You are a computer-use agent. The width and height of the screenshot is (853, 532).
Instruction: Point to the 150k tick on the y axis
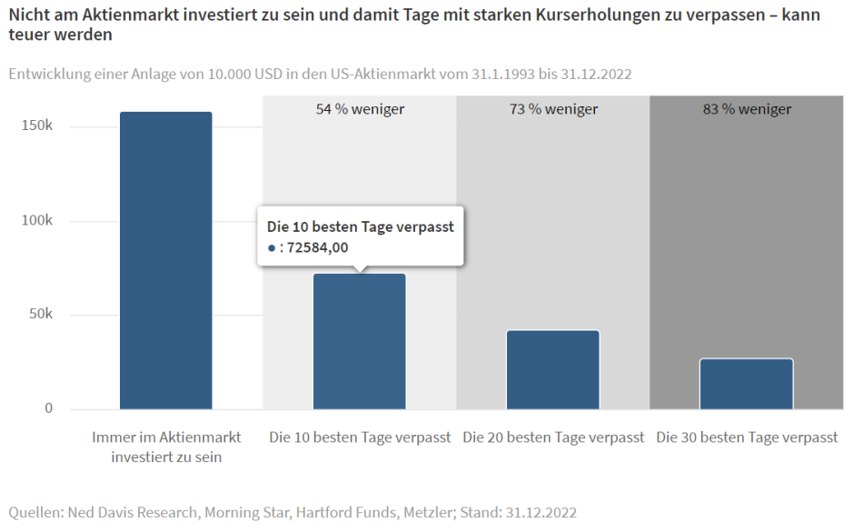click(x=36, y=125)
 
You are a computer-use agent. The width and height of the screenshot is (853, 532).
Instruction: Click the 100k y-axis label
click(x=36, y=221)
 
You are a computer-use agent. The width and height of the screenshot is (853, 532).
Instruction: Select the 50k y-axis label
click(x=40, y=315)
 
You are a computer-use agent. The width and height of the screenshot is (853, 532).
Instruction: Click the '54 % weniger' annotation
click(x=360, y=109)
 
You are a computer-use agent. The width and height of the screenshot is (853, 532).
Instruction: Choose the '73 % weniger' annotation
click(x=553, y=109)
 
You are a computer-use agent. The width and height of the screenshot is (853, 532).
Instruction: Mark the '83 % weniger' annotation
click(x=747, y=109)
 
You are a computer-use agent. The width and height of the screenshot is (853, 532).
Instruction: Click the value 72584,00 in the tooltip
click(x=317, y=247)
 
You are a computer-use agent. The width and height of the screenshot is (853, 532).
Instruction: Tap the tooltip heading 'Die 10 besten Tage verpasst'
click(x=360, y=226)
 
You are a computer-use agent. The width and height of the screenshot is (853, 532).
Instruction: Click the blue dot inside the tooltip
click(x=272, y=248)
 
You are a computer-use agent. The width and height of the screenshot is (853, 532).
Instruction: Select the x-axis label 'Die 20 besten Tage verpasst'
click(x=553, y=437)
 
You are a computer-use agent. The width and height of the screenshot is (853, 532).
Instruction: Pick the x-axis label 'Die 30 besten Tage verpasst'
click(x=747, y=437)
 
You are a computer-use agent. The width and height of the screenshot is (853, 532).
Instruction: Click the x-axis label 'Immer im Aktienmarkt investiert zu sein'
click(x=166, y=447)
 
